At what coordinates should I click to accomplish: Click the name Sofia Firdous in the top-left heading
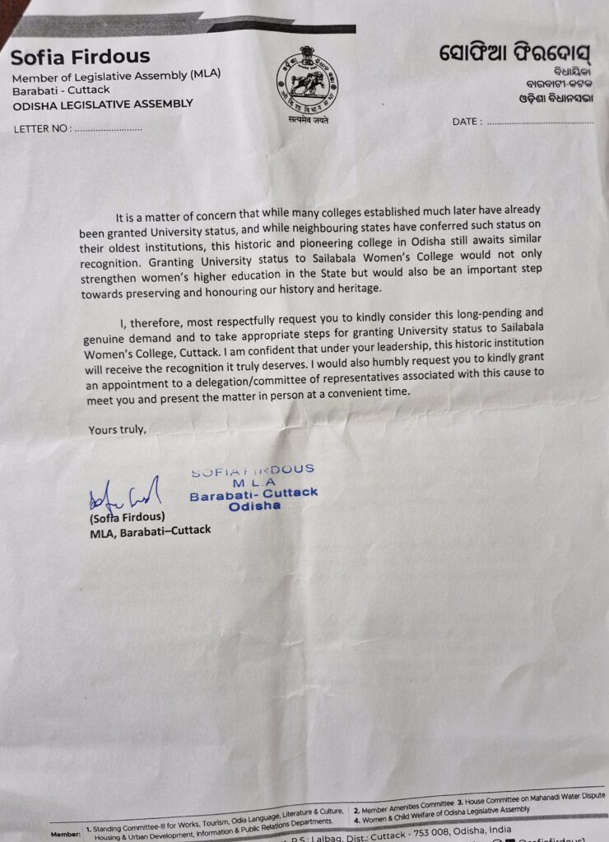tap(80, 58)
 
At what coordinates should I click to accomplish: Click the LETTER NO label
tap(42, 129)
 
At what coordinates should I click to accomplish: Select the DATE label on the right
tap(467, 122)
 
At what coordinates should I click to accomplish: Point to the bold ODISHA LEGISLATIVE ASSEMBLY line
tap(102, 104)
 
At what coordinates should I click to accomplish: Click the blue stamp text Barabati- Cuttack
tap(253, 494)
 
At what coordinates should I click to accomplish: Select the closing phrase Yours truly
tap(118, 428)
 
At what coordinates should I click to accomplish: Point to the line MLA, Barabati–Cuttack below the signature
tap(150, 530)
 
